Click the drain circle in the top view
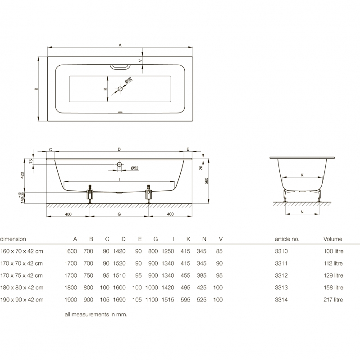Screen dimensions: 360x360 (120, 89)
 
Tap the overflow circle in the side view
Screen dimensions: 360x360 (119, 164)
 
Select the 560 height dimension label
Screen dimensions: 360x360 (206, 181)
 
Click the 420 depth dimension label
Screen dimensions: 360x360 (22, 175)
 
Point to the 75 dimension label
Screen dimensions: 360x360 (31, 161)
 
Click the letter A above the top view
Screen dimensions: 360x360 (120, 45)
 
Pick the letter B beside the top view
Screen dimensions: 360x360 (36, 89)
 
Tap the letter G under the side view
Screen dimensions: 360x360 (119, 214)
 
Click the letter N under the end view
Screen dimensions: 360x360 (302, 212)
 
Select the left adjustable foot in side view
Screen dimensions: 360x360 (90, 193)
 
